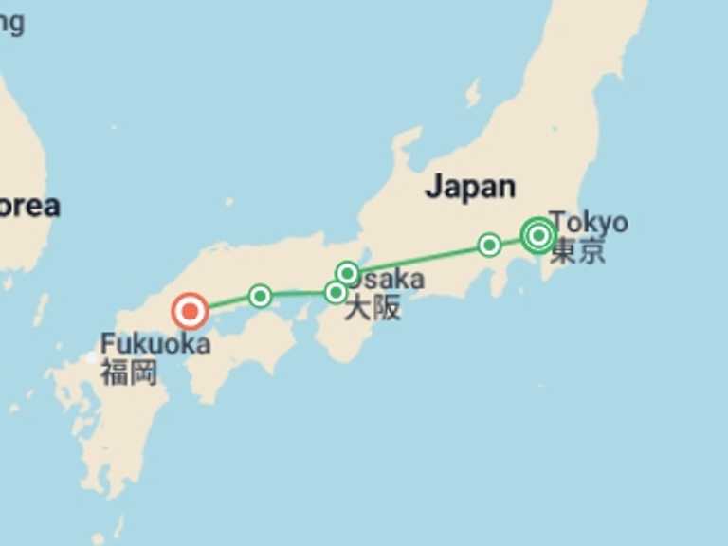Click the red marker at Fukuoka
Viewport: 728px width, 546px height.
click(x=190, y=310)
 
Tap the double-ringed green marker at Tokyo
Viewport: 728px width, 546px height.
click(x=538, y=234)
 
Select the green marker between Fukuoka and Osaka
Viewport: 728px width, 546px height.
click(x=260, y=296)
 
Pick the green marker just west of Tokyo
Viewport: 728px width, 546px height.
click(x=489, y=245)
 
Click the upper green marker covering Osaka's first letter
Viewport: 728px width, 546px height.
click(x=348, y=274)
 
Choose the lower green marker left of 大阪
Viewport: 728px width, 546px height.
click(x=335, y=292)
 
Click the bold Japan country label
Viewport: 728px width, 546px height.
click(x=470, y=187)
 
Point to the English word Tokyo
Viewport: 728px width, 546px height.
click(x=590, y=223)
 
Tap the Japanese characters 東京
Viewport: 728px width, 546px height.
click(x=577, y=251)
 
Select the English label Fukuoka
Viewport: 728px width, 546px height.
click(x=155, y=343)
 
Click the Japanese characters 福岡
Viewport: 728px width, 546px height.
click(x=128, y=372)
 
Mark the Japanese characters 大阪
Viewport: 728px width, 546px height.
click(x=372, y=308)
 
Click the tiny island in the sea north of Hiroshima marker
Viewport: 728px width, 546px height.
click(x=228, y=202)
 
